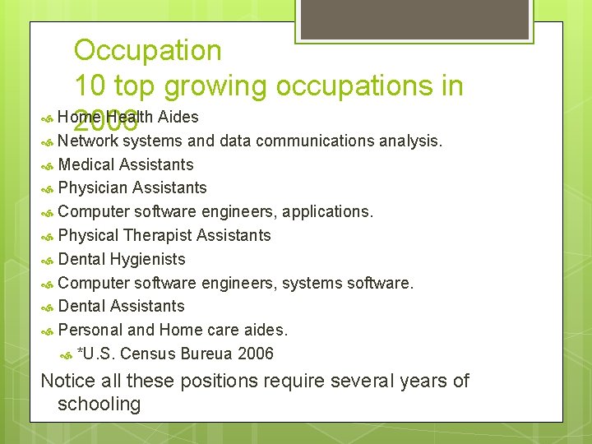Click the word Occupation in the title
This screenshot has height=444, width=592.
click(148, 51)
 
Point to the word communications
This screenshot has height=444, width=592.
click(325, 141)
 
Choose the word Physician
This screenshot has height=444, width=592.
click(93, 188)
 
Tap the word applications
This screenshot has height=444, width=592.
click(328, 212)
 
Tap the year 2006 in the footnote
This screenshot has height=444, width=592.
click(256, 354)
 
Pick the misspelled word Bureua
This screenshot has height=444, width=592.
click(209, 354)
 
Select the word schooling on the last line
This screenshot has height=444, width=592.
click(99, 404)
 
